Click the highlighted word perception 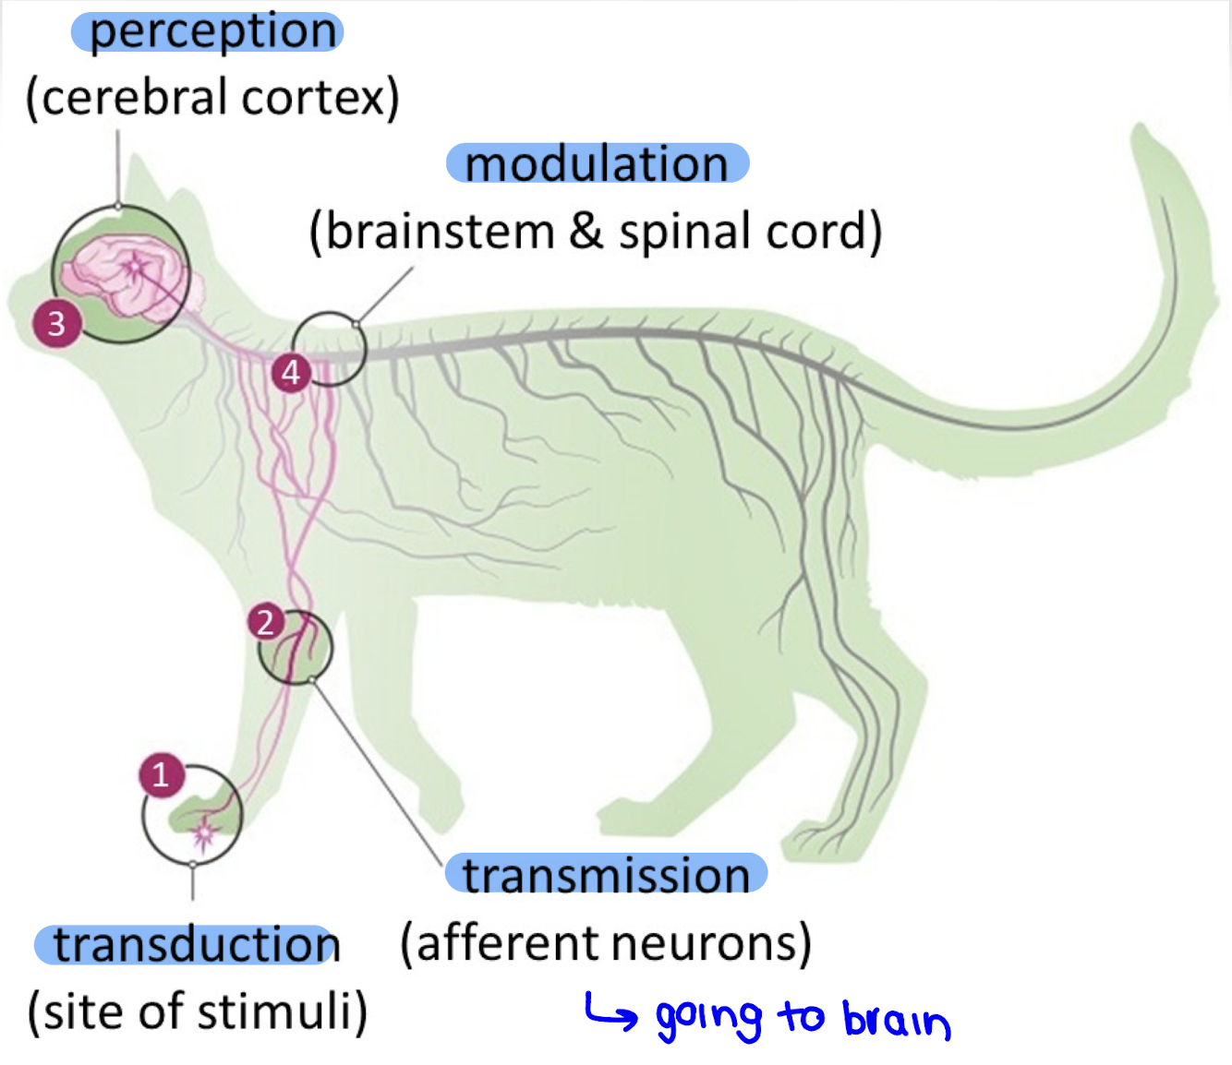pos(211,32)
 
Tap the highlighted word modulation pos(597,164)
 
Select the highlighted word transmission pos(606,874)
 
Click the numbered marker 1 pos(162,775)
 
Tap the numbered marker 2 pos(266,623)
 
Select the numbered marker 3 pos(56,324)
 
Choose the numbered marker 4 pos(291,373)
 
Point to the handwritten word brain pos(895,1020)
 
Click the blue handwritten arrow pos(610,1012)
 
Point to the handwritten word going pos(708,1020)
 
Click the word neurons pos(708,943)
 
